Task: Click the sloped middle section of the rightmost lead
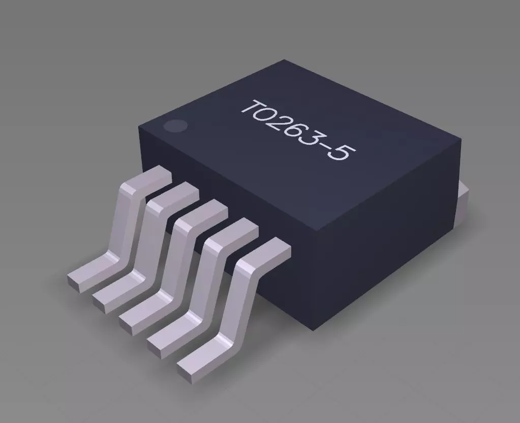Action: click(x=239, y=300)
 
